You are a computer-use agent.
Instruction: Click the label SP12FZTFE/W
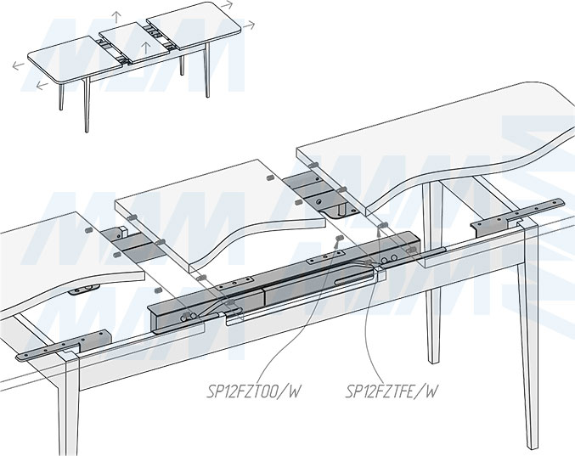point(392,391)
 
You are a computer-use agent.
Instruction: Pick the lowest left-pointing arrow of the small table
point(41,85)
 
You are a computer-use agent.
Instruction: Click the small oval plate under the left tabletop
point(84,289)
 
